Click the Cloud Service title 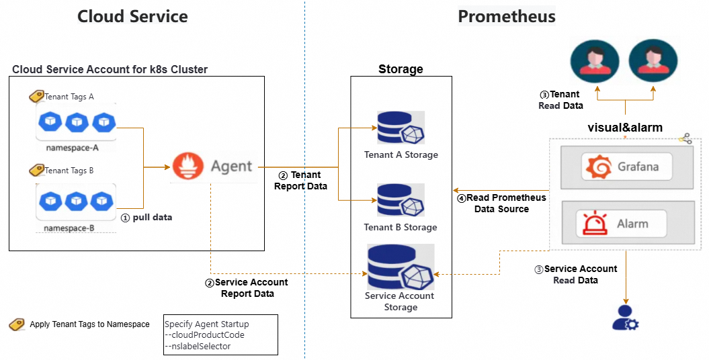132,17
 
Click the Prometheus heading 507,17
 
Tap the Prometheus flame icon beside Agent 187,166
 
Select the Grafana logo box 627,167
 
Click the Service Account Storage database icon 400,267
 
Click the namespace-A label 72,147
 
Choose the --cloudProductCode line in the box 204,334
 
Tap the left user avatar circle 593,60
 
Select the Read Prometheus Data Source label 501,204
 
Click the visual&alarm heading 625,128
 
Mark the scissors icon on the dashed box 685,138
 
